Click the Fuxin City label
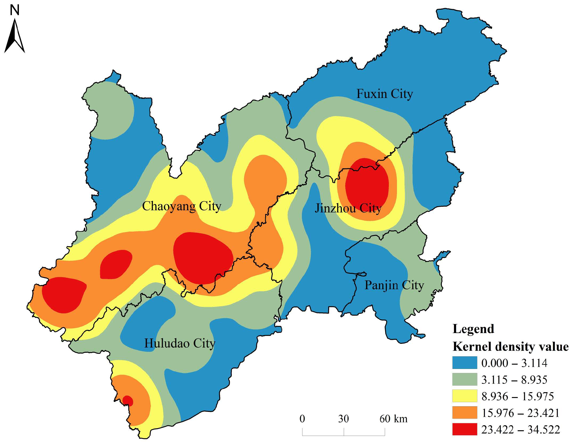coord(385,94)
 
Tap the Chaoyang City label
coord(181,206)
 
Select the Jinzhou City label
coord(348,208)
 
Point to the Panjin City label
coord(394,285)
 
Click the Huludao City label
coord(180,343)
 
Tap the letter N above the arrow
coord(15,10)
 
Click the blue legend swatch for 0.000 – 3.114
coord(464,363)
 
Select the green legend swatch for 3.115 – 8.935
coord(464,379)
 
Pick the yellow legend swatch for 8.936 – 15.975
coord(464,396)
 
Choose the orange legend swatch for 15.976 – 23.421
coord(464,412)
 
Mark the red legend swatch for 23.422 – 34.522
coord(464,429)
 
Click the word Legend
coord(473,329)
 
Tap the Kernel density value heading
coord(510,347)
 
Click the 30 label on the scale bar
coord(343,419)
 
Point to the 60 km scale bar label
coord(393,419)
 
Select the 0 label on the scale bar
coord(302,419)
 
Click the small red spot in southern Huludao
coord(128,401)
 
